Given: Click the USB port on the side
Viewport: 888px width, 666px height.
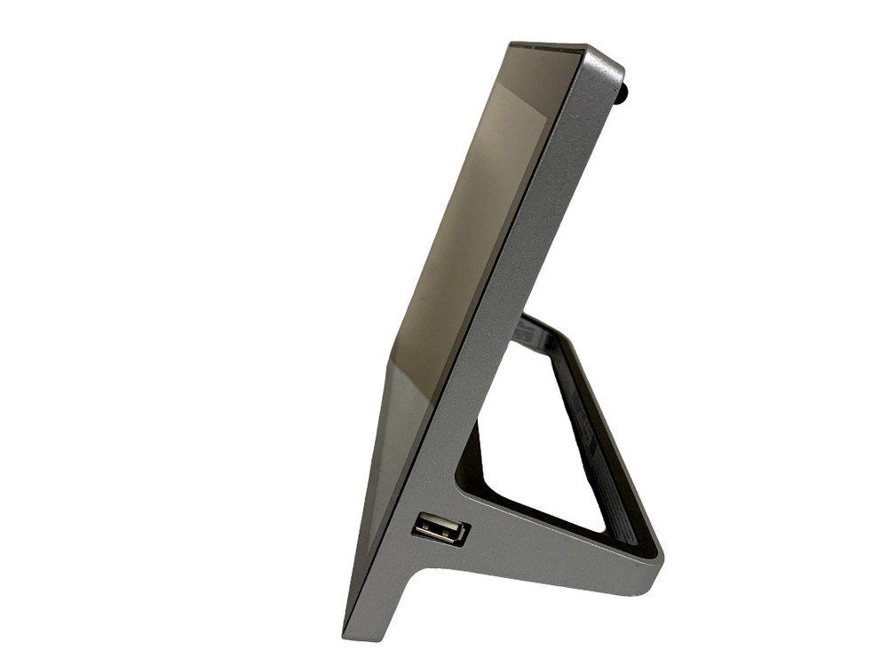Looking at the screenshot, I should [x=440, y=529].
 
